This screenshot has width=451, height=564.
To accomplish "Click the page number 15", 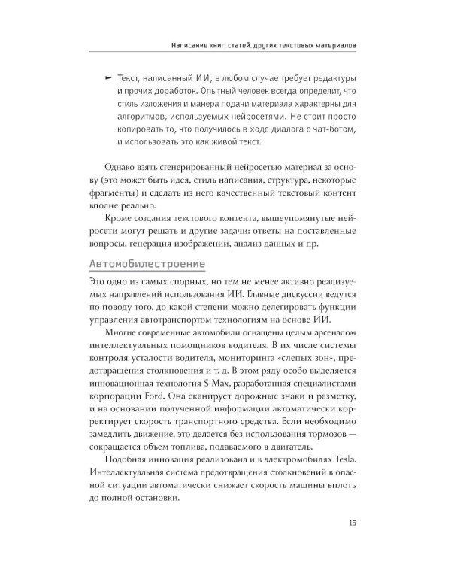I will [x=353, y=524].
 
